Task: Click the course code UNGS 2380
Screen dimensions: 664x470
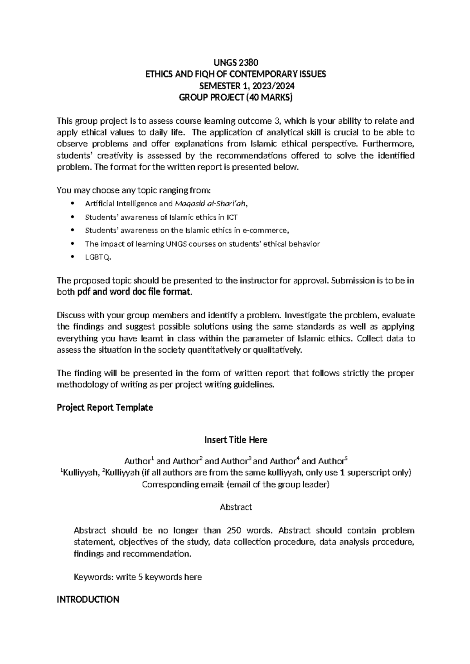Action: pyautogui.click(x=235, y=63)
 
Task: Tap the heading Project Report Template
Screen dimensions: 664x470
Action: pyautogui.click(x=105, y=408)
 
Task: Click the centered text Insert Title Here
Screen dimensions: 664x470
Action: pyautogui.click(x=235, y=440)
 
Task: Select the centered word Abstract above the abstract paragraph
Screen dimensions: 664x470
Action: pyautogui.click(x=235, y=507)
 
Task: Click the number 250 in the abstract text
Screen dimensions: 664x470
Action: pyautogui.click(x=234, y=530)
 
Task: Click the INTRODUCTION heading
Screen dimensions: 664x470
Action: pyautogui.click(x=88, y=599)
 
